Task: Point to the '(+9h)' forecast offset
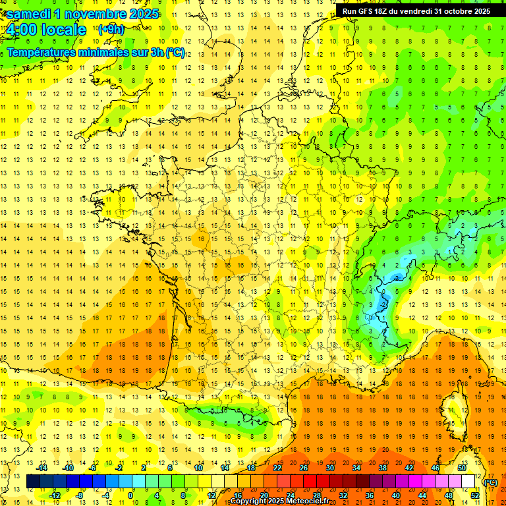[110, 30]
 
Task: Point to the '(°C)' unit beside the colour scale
[491, 482]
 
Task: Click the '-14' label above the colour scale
[42, 468]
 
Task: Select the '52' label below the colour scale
[475, 495]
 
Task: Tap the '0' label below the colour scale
[130, 495]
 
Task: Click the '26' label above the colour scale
[304, 468]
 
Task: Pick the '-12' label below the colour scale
[55, 495]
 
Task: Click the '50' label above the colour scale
[461, 468]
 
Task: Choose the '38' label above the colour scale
[382, 468]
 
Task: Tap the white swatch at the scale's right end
[468, 482]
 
